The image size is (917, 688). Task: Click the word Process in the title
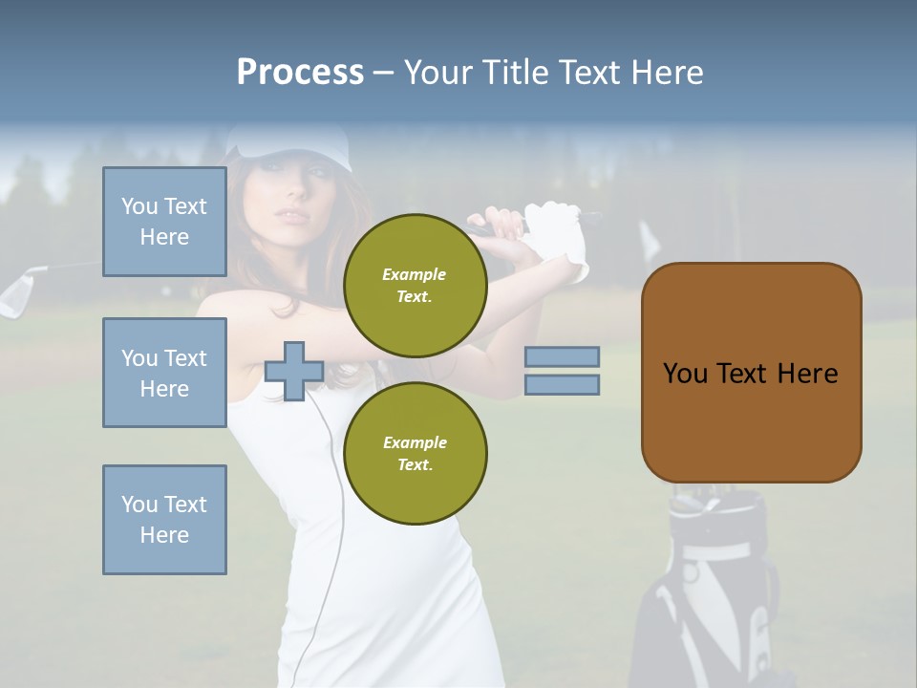coord(300,73)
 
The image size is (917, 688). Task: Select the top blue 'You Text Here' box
coord(164,222)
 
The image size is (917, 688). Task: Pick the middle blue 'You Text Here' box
coord(164,373)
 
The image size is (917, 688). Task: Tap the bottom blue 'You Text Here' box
coord(164,520)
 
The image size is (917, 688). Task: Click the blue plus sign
coord(294,371)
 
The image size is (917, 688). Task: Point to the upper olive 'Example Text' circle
coord(415,285)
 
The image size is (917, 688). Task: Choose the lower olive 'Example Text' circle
coord(415,453)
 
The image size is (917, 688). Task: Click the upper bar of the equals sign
coord(562,356)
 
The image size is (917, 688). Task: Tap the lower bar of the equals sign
coord(562,384)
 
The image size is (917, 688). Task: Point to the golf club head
coord(17,292)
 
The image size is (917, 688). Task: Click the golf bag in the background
coord(712,592)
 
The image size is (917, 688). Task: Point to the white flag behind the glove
coord(650,239)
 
